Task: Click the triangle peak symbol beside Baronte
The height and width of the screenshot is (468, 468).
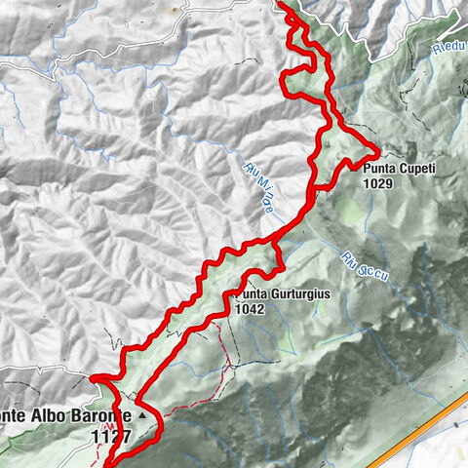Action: click(145, 414)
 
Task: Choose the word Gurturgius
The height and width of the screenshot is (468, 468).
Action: click(287, 293)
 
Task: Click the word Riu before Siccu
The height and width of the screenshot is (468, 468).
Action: click(350, 256)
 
